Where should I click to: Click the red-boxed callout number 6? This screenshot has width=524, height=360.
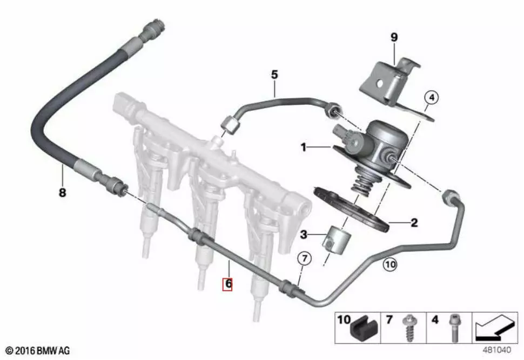[x=227, y=284]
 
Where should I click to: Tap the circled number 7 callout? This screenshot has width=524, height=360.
[x=305, y=258]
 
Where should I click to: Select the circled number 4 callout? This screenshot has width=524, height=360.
[x=432, y=98]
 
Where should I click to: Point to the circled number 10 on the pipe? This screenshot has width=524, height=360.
[x=389, y=265]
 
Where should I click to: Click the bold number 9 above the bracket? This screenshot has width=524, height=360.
[x=394, y=37]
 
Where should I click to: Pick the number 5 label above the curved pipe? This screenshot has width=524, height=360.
[x=274, y=75]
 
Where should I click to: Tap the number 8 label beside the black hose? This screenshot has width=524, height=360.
[x=63, y=193]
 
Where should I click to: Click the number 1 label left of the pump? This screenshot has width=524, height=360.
[x=304, y=147]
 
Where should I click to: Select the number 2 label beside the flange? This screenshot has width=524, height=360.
[x=414, y=223]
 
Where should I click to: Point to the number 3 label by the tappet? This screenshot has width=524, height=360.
[x=304, y=235]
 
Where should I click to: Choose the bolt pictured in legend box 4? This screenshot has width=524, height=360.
[x=454, y=328]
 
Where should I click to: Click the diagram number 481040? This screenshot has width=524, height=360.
[x=496, y=350]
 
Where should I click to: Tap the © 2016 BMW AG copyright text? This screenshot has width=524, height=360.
[x=38, y=351]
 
